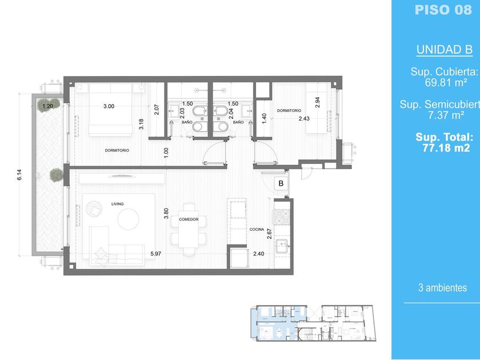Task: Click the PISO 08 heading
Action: (x=443, y=10)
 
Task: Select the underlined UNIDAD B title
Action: (x=444, y=50)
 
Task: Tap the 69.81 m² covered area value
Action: (x=446, y=82)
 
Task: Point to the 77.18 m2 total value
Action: (x=446, y=148)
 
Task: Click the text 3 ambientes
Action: (x=442, y=288)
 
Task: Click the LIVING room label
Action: (x=118, y=204)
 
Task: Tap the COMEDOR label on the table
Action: (x=189, y=219)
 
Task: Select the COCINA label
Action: (x=257, y=229)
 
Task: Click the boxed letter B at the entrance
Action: (x=281, y=183)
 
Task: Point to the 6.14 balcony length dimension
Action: (x=19, y=174)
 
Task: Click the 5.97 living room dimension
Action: (x=155, y=254)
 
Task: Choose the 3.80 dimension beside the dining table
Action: (x=166, y=213)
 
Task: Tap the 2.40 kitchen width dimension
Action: (x=258, y=254)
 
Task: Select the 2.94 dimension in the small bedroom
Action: (x=317, y=102)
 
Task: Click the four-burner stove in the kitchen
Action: (x=282, y=217)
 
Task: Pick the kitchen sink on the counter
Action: (x=282, y=246)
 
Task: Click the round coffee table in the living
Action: (x=128, y=219)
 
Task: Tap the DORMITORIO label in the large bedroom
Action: (x=117, y=150)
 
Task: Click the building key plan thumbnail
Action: (x=313, y=323)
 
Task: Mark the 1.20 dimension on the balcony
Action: (x=47, y=106)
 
